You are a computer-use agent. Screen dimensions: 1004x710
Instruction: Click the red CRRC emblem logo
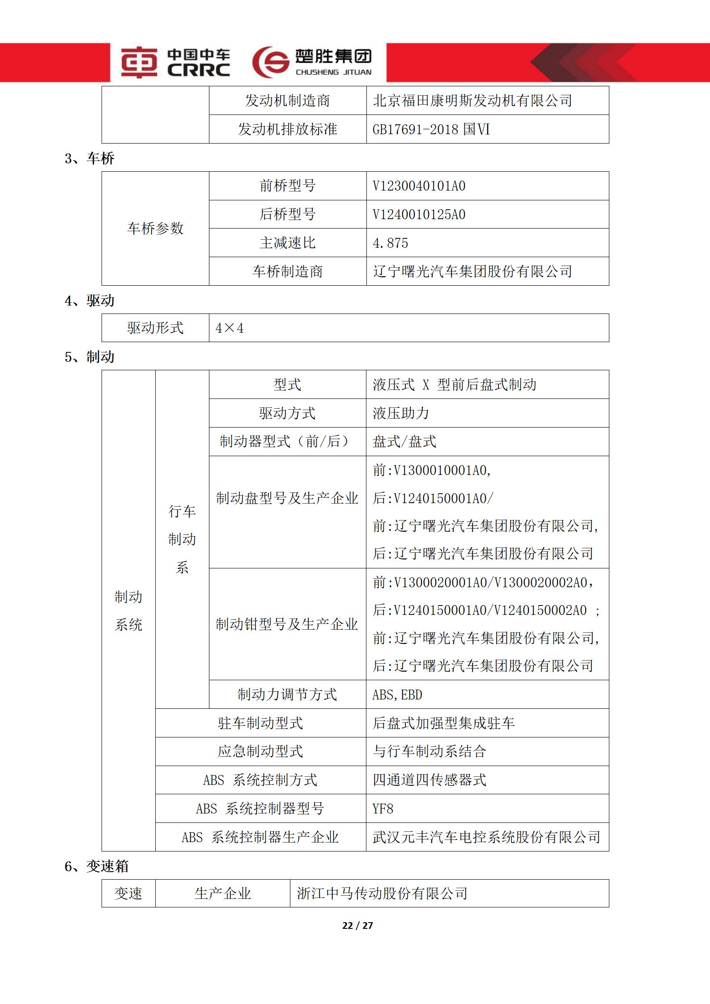pos(139,63)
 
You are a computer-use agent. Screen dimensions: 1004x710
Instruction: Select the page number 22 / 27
pos(357,925)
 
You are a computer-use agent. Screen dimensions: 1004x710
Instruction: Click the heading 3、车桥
pos(89,158)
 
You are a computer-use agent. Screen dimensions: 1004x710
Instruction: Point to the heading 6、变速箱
pos(96,866)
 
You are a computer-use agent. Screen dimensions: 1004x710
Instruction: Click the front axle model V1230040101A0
pos(419,186)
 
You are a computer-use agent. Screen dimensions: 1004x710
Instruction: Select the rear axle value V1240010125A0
pos(419,215)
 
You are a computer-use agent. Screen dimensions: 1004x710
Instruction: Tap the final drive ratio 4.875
pos(390,243)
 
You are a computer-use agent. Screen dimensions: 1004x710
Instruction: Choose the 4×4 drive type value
pos(230,328)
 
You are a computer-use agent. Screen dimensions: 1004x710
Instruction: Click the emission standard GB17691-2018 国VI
pos(431,130)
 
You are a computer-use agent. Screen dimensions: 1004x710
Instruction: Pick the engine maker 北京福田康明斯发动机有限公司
pos(472,101)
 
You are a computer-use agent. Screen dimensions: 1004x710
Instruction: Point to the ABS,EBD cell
pos(397,695)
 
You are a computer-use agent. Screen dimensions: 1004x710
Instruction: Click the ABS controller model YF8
pos(383,809)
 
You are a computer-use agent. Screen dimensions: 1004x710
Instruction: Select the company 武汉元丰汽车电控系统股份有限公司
pos(486,837)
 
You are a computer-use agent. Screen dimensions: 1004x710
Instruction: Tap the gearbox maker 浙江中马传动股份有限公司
pos(382,894)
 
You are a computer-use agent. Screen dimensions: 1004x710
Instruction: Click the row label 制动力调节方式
pos(287,695)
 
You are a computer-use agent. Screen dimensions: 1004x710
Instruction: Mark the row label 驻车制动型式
pos(260,723)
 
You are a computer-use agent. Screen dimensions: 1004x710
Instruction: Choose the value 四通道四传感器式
pos(429,780)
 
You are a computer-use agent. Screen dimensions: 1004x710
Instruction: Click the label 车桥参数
pos(155,229)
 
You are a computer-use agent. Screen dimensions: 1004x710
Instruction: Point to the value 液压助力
pos(400,413)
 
